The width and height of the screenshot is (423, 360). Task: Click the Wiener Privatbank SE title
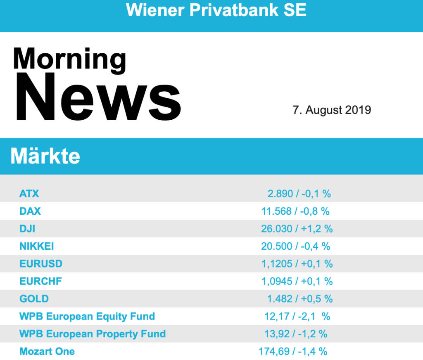click(216, 10)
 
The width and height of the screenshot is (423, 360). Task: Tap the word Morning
click(69, 59)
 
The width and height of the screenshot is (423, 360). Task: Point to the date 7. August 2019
click(332, 110)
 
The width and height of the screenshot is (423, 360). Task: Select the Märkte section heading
click(45, 156)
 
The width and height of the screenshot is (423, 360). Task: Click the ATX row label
click(29, 193)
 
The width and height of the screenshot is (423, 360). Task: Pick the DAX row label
click(30, 211)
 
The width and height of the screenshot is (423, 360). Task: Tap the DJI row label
click(27, 229)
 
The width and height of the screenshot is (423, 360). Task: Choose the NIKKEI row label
click(37, 246)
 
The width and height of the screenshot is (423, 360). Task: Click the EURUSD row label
click(41, 264)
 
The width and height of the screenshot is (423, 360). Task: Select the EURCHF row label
click(40, 282)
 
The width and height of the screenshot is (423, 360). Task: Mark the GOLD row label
click(34, 299)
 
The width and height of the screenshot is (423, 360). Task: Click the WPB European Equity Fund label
click(87, 317)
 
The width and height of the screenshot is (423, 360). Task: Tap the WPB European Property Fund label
click(93, 334)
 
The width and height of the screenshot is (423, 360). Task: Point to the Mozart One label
click(47, 352)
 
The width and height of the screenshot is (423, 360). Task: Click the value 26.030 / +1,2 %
click(297, 229)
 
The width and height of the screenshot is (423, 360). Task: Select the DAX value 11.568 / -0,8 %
click(295, 211)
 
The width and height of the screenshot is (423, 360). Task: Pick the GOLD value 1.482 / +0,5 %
click(299, 299)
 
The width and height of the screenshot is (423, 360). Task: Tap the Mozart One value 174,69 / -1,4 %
click(293, 352)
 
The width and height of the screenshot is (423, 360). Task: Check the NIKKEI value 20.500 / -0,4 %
click(295, 246)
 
